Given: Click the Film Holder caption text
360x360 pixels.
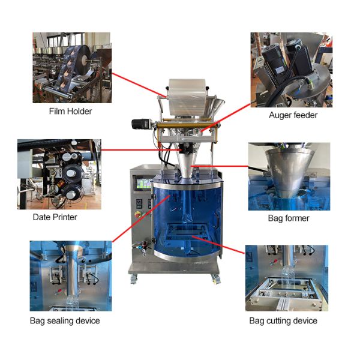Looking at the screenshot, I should tap(71, 112).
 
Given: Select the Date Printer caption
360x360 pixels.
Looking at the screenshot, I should tap(55, 217).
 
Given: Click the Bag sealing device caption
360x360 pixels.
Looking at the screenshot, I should tap(65, 320).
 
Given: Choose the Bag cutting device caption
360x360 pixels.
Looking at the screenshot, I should tap(283, 320).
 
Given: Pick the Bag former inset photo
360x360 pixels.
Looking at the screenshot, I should tap(289, 176).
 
